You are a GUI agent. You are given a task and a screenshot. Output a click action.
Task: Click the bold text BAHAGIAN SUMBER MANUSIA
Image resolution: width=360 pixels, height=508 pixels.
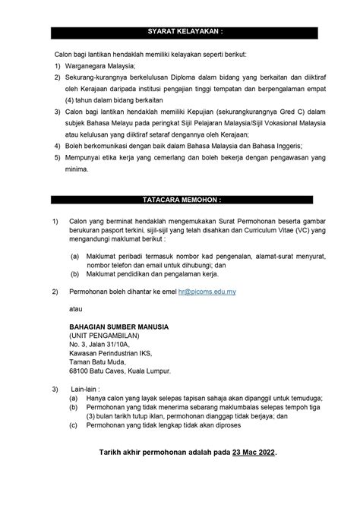(x=119, y=327)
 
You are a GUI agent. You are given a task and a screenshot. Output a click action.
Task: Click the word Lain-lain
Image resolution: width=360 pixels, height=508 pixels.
(x=82, y=389)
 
